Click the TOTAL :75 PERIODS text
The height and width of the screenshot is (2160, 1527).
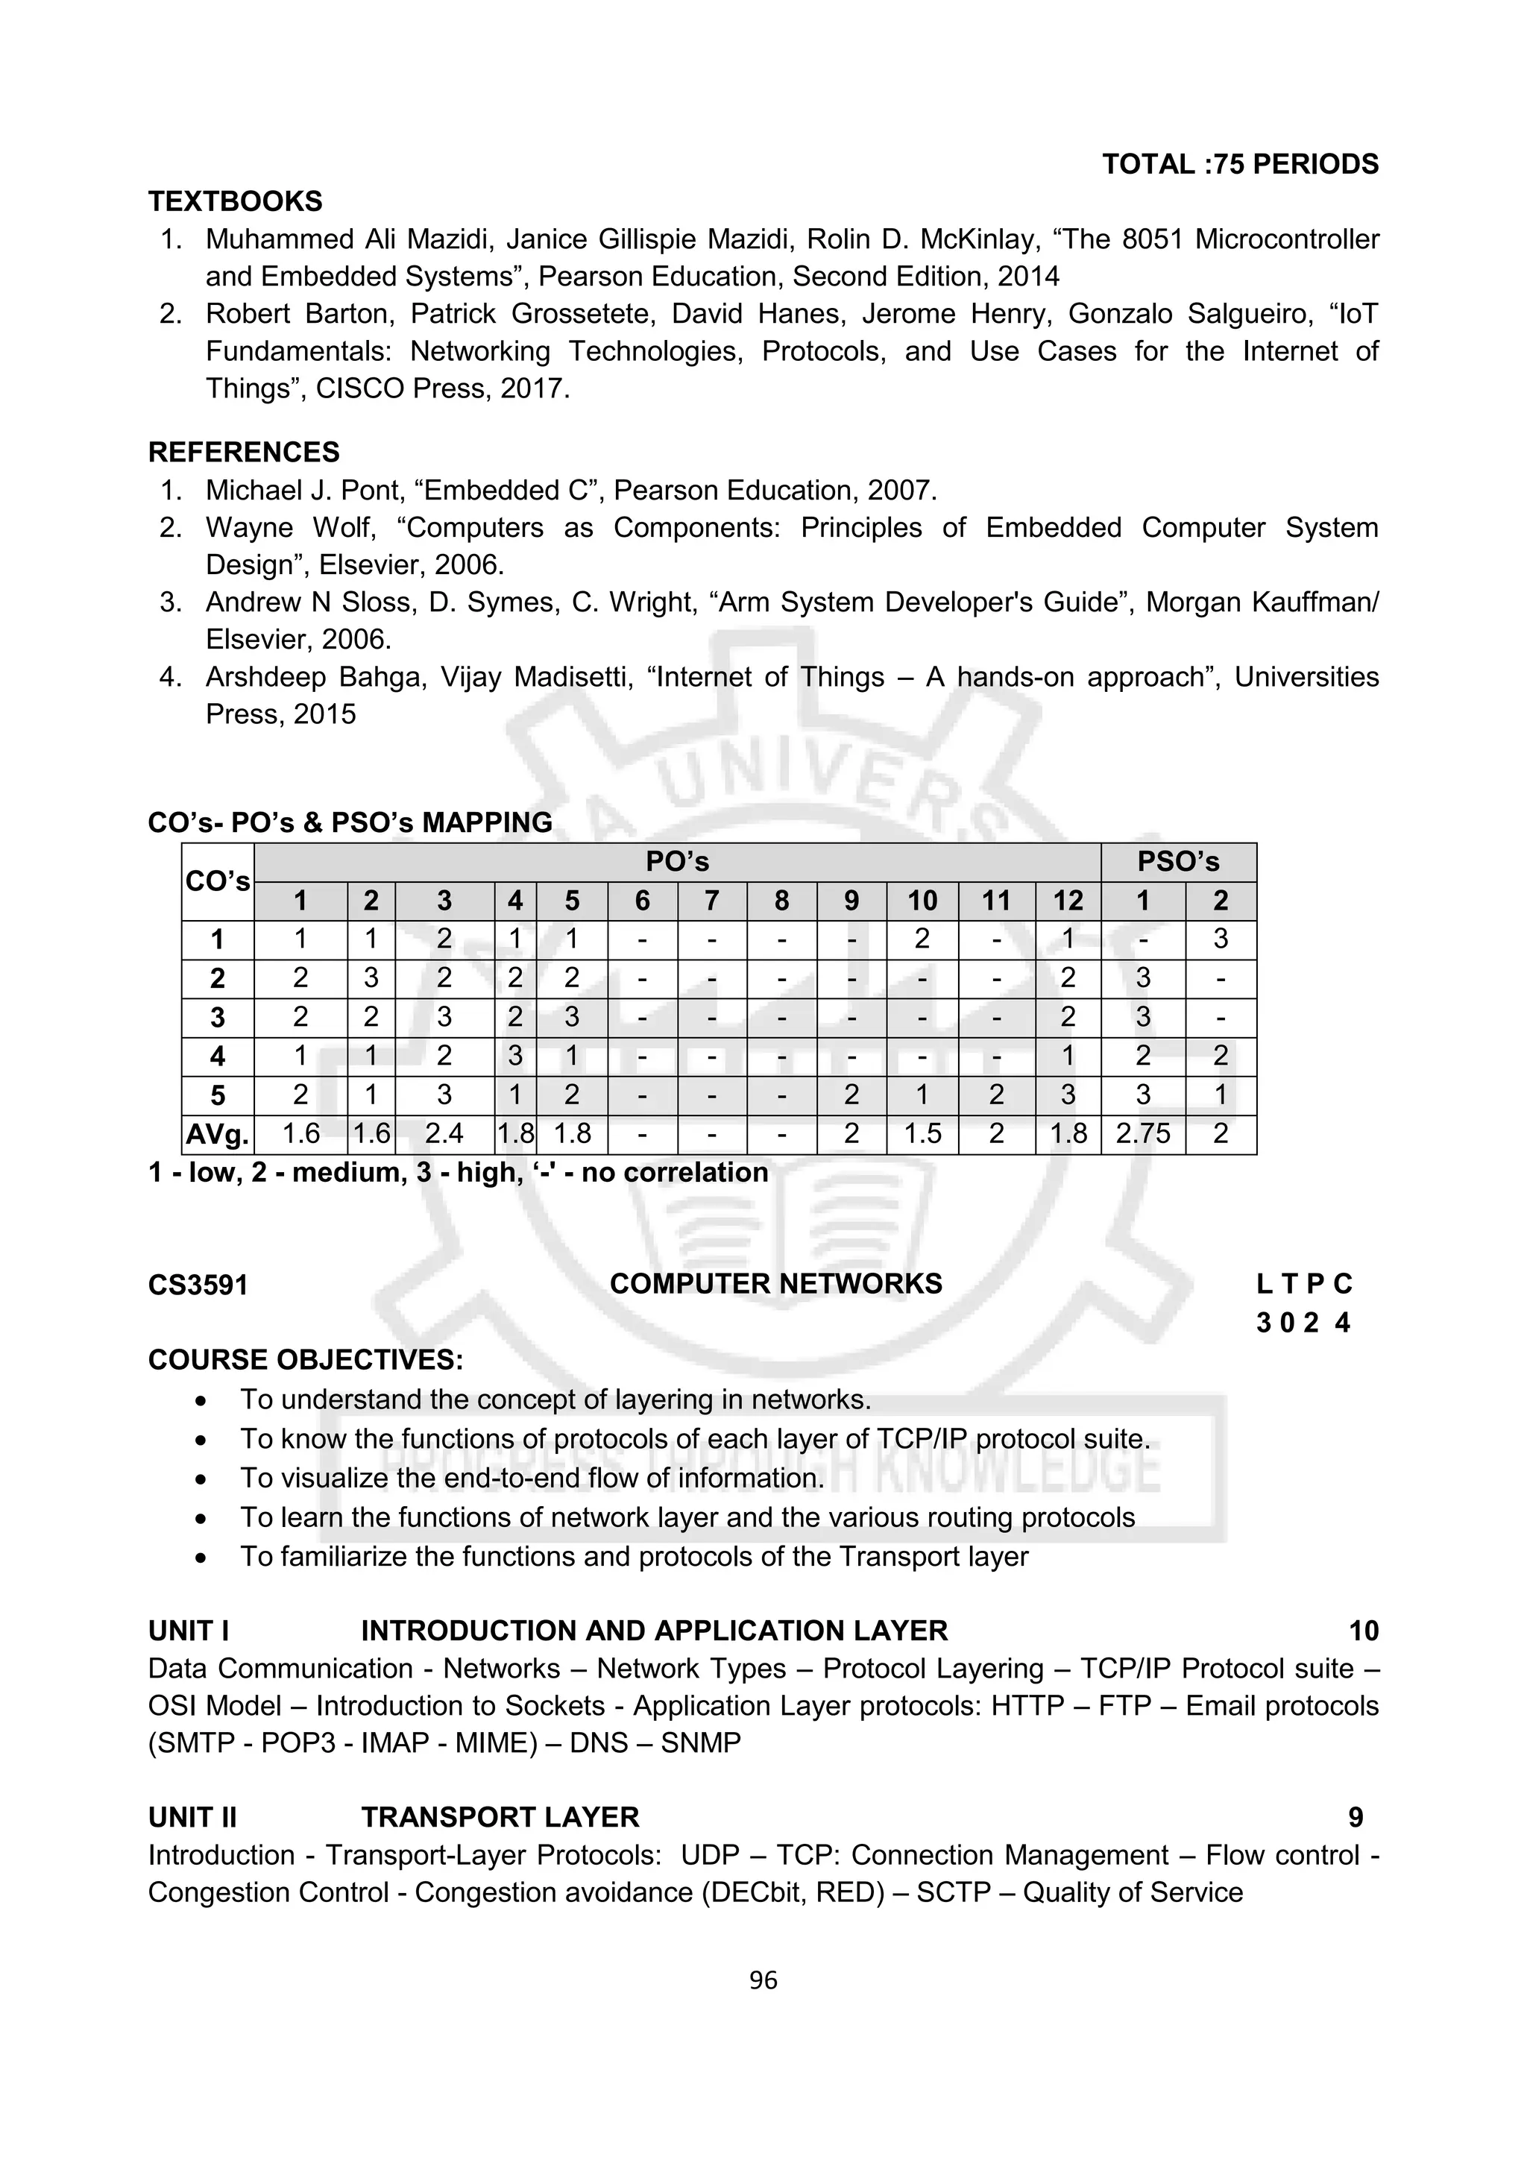(1239, 165)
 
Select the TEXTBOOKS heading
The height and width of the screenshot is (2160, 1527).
(235, 201)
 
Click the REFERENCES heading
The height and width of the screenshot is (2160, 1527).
(244, 453)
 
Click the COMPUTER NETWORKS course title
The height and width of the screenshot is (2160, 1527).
(775, 1284)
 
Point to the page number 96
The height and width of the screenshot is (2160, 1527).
(763, 1981)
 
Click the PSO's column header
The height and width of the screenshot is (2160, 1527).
(1178, 862)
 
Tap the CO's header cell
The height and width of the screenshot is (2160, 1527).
(217, 881)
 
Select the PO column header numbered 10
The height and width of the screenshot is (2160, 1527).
(922, 901)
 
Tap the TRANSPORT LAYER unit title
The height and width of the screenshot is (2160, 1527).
(500, 1818)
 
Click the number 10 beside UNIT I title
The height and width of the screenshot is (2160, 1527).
(1363, 1631)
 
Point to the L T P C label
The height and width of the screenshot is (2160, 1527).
(1303, 1284)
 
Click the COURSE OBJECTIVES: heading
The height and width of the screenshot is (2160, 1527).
(306, 1361)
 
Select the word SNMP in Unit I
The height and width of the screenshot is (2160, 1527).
(700, 1743)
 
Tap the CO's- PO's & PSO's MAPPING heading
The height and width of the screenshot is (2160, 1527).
(350, 823)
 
